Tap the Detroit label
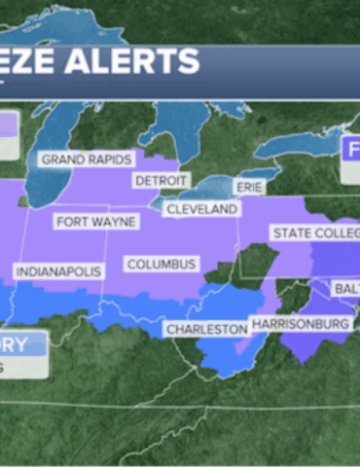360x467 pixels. click(160, 181)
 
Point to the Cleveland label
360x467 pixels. click(201, 209)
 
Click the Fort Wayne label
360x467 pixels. click(96, 221)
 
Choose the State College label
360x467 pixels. click(313, 233)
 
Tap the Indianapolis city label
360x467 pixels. click(55, 270)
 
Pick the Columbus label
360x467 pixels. click(162, 264)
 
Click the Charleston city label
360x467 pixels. click(206, 330)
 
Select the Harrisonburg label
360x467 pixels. click(300, 323)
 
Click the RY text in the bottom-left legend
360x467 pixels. click(19, 343)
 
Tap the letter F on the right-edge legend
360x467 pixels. click(352, 150)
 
